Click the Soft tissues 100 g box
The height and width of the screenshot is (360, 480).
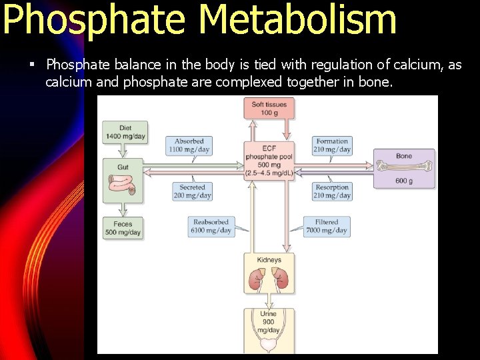(269, 108)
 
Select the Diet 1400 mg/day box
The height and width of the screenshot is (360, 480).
(125, 132)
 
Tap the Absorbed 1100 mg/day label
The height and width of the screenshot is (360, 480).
(189, 145)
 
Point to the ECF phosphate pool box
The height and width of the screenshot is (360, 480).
(269, 161)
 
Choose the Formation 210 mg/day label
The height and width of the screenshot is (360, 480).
(332, 145)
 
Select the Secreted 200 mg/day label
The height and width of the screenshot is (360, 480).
(192, 191)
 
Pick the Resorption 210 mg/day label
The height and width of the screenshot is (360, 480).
(332, 191)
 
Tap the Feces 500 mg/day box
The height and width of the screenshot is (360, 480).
(123, 229)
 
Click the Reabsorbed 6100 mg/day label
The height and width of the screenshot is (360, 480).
(211, 227)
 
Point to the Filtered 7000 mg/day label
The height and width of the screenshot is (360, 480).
(327, 227)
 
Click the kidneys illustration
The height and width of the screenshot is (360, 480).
(268, 279)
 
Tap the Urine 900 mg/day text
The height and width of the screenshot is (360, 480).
(268, 322)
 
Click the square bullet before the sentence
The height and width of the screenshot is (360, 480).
(31, 65)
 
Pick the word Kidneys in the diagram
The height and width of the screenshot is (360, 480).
(269, 260)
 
